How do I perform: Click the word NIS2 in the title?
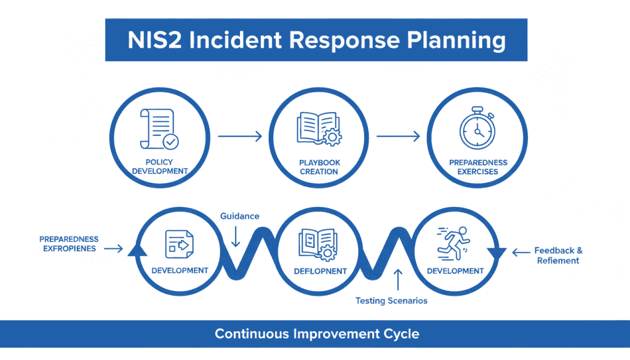157,40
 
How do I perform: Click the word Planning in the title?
450,40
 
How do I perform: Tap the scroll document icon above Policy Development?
159,130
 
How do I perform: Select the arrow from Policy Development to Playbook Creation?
240,137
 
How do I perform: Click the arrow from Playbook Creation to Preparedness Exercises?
399,137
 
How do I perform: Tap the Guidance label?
240,216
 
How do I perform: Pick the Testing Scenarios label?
391,301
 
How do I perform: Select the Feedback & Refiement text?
558,255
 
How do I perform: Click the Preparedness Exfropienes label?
69,244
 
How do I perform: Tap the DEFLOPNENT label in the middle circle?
319,271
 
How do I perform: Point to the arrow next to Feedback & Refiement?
520,251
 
